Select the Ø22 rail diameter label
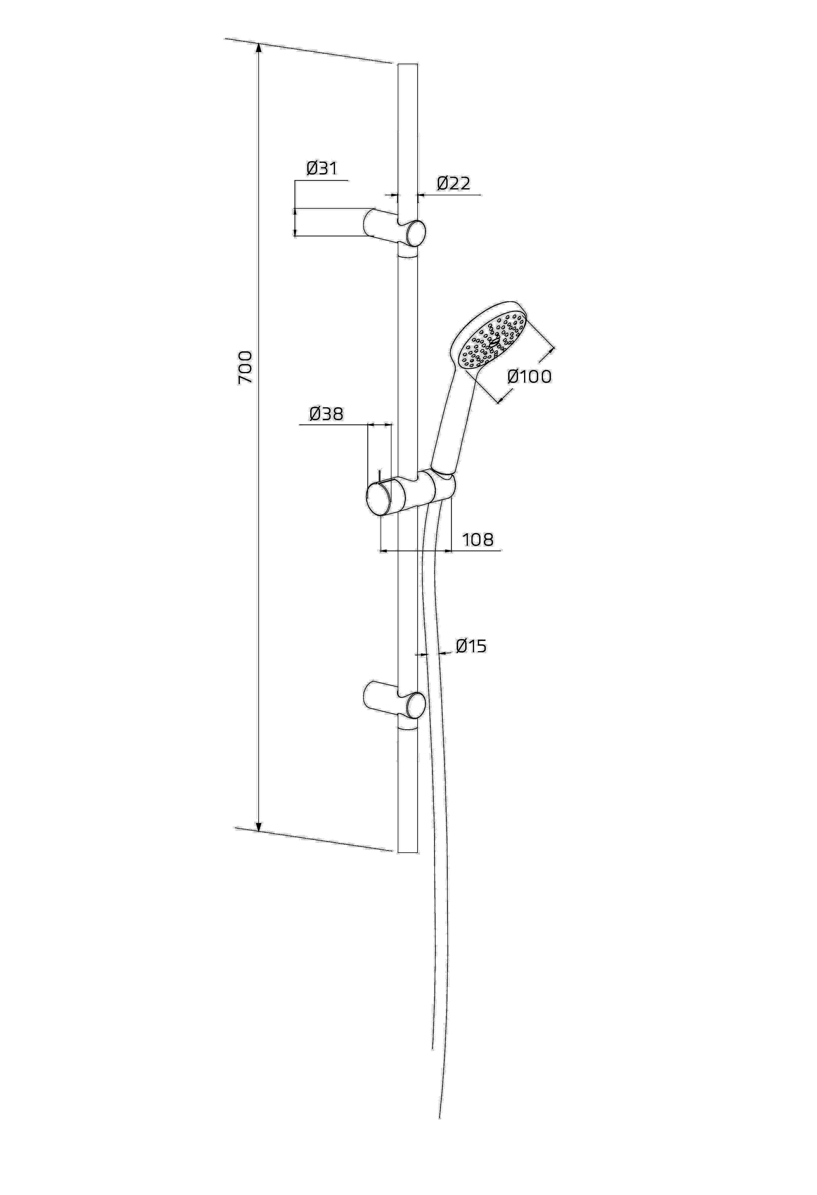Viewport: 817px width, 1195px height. [454, 183]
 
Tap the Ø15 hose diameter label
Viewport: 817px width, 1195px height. [471, 646]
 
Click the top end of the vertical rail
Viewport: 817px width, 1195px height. [408, 64]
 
